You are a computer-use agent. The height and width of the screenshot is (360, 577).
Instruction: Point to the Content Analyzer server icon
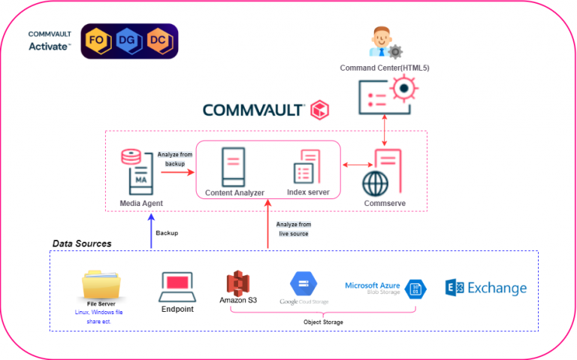pos(233,167)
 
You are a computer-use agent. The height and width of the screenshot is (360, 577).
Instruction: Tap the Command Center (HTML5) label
pos(384,68)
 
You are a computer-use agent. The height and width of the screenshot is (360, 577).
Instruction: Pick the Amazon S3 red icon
pos(237,283)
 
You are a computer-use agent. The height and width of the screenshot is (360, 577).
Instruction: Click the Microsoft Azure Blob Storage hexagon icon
pos(415,289)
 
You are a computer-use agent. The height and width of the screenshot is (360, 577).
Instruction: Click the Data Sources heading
pos(82,244)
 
